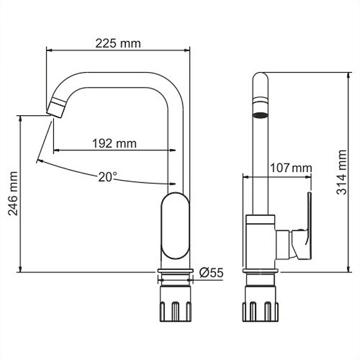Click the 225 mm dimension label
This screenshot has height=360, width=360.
(118, 43)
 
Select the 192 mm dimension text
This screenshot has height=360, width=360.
(114, 143)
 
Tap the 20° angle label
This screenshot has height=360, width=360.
(108, 177)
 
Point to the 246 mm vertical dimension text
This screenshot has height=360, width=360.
(13, 194)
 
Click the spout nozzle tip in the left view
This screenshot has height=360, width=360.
(56, 109)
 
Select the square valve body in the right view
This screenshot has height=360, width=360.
(261, 240)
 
